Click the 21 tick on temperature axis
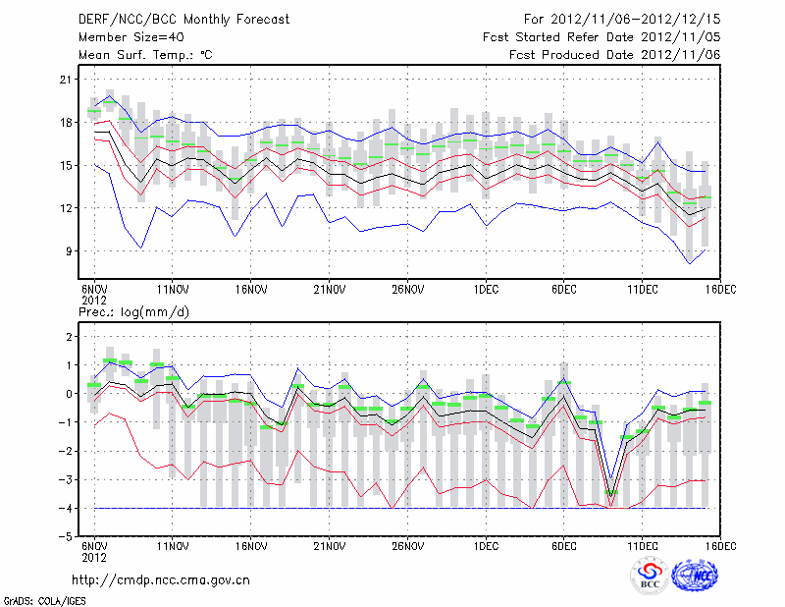click(x=67, y=80)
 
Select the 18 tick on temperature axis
click(x=67, y=123)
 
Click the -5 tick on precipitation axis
click(x=67, y=537)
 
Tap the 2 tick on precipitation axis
click(x=71, y=337)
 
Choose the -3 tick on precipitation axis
click(x=67, y=480)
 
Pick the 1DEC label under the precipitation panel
click(x=485, y=546)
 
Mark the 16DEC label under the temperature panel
click(x=720, y=290)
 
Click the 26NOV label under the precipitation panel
click(x=407, y=546)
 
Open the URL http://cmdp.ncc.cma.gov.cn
click(x=162, y=580)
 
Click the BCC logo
click(x=650, y=576)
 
